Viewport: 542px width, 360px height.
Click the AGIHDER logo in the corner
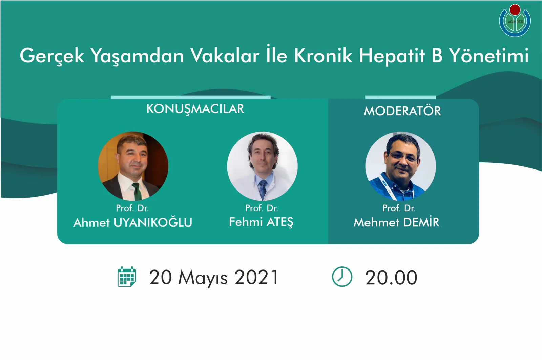(x=515, y=21)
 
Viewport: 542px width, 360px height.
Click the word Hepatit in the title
(x=392, y=56)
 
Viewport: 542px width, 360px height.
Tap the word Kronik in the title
(x=323, y=56)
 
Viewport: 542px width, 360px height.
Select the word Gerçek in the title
(x=52, y=56)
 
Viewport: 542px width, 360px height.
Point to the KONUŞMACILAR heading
(x=195, y=109)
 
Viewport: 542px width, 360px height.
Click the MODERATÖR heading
(x=402, y=111)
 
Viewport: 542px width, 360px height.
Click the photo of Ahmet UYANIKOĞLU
(x=133, y=166)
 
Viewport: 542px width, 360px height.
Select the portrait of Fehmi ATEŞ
(x=262, y=166)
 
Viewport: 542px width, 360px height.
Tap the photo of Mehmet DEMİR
(x=400, y=166)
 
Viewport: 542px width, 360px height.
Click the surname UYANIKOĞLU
(x=153, y=222)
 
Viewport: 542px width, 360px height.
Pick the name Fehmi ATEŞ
(x=261, y=222)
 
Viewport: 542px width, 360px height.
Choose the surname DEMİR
(x=421, y=222)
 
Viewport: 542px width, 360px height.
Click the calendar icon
(x=127, y=277)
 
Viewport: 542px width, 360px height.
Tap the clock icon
(x=342, y=277)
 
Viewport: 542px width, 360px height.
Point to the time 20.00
(x=391, y=278)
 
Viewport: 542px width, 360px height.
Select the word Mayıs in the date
(x=203, y=278)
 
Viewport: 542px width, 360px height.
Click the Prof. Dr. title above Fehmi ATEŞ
(x=262, y=208)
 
